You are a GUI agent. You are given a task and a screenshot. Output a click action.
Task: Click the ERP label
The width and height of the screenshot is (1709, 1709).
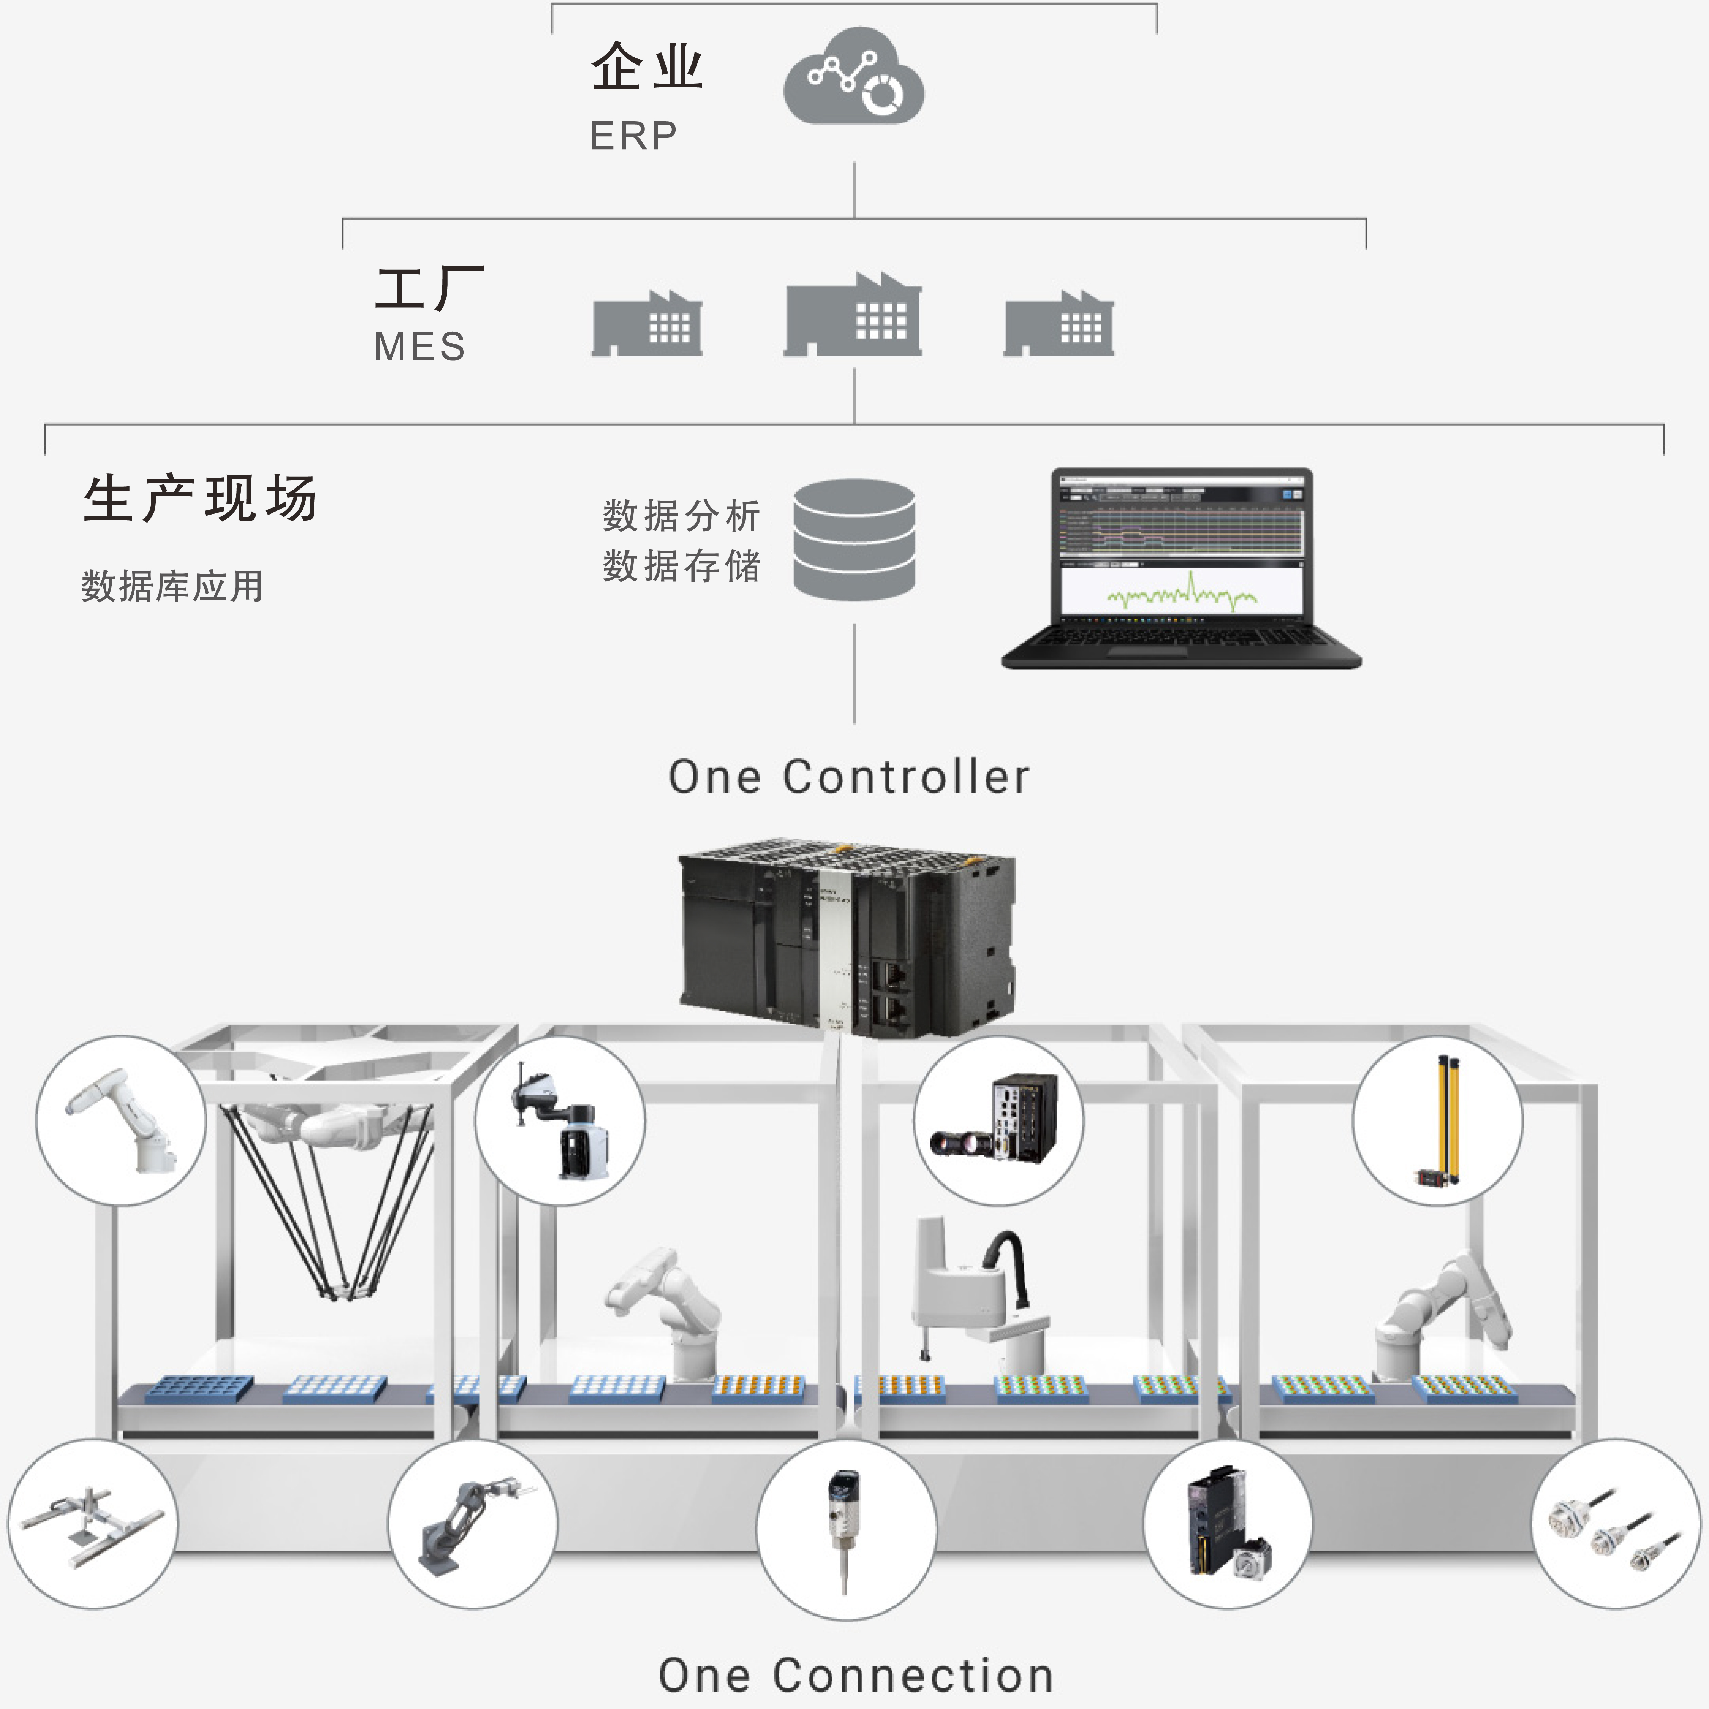coord(633,136)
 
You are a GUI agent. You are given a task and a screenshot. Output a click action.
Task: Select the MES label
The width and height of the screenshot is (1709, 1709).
coord(419,347)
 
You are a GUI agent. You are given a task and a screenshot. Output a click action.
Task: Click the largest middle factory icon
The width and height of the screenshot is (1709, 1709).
coord(853,316)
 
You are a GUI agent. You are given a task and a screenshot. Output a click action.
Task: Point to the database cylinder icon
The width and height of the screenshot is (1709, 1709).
coord(854,540)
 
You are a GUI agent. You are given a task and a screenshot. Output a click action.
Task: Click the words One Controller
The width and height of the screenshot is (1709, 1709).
coord(849,777)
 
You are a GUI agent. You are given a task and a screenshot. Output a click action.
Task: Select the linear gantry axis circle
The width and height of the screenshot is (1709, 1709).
coord(93,1523)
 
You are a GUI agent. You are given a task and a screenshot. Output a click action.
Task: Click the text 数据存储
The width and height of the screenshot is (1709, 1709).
coord(681,566)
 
